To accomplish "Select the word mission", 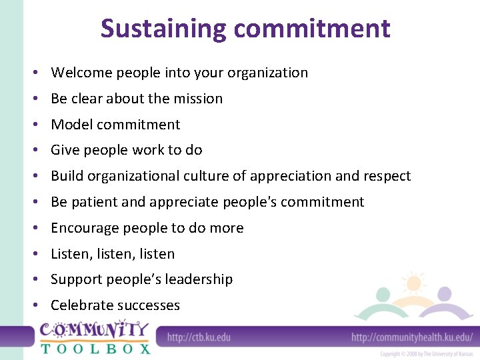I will (198, 99).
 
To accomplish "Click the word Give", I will (64, 150).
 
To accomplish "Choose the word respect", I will (387, 176).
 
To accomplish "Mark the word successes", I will (148, 305).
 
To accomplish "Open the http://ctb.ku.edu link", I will (199, 337).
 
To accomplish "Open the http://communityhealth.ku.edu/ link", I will (411, 337).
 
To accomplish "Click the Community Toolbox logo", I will (95, 339).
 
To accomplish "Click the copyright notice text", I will (427, 354).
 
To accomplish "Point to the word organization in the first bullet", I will (267, 73).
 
